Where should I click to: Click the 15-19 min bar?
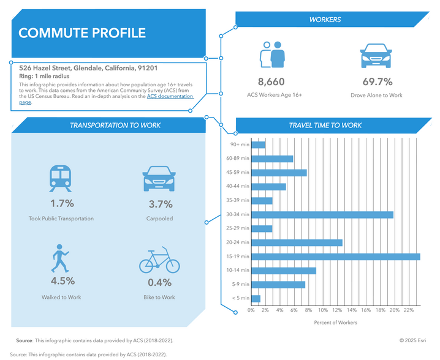[x=335, y=257]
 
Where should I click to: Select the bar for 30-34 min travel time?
[x=322, y=215]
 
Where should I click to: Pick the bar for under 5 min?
[x=256, y=298]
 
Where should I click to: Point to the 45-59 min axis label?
[x=237, y=173]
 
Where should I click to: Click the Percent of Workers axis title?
[x=335, y=323]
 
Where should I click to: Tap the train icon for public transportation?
[x=61, y=178]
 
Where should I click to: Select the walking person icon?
[x=61, y=260]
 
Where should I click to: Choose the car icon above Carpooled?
[x=160, y=178]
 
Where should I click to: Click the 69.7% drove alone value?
[x=377, y=81]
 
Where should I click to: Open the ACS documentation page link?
[x=170, y=97]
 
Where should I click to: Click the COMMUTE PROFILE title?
[x=83, y=33]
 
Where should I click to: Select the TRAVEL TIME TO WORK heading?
[x=325, y=126]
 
